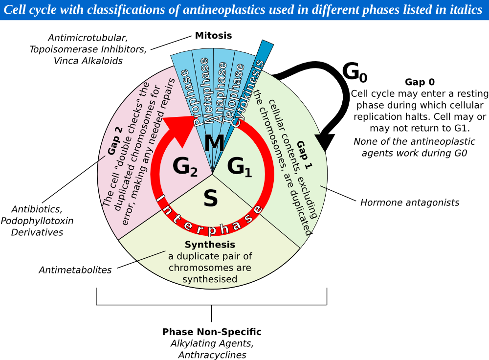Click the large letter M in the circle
click(214, 144)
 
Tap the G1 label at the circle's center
click(240, 167)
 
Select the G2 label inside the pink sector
click(185, 167)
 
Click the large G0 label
click(354, 72)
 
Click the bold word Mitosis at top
click(213, 35)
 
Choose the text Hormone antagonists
click(410, 202)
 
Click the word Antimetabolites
click(75, 270)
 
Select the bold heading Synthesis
click(210, 244)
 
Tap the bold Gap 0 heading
click(420, 82)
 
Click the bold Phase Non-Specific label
click(212, 332)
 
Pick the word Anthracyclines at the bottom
click(212, 355)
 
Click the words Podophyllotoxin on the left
click(37, 221)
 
